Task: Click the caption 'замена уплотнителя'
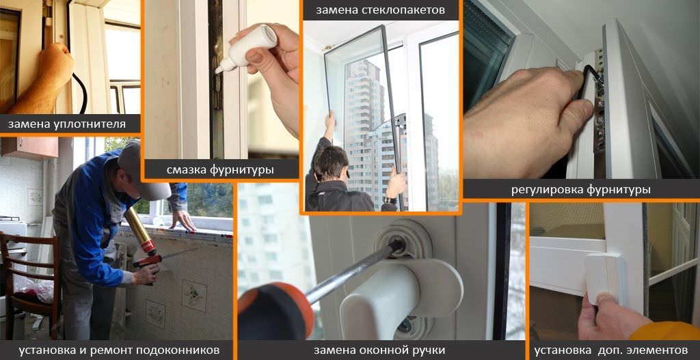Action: pyautogui.click(x=67, y=124)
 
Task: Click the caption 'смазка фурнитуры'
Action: pyautogui.click(x=220, y=169)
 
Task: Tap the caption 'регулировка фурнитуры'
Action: pyautogui.click(x=580, y=189)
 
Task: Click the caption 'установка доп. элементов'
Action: pyautogui.click(x=611, y=350)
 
